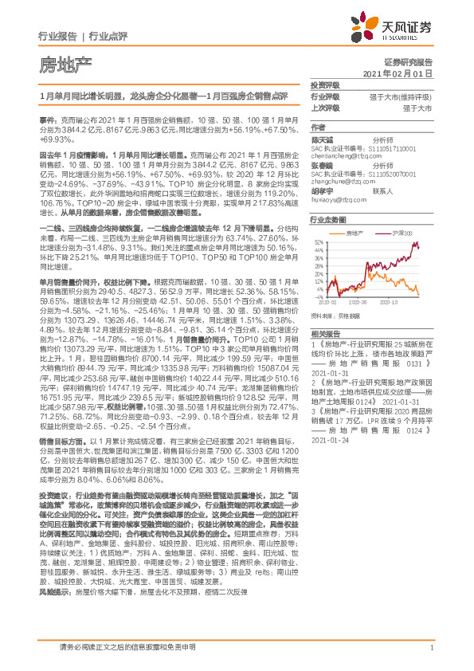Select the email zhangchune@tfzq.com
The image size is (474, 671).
[x=341, y=181]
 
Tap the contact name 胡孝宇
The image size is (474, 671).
[x=323, y=190]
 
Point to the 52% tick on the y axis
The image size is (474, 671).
[x=318, y=241]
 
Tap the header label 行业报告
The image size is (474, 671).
[x=57, y=36]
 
